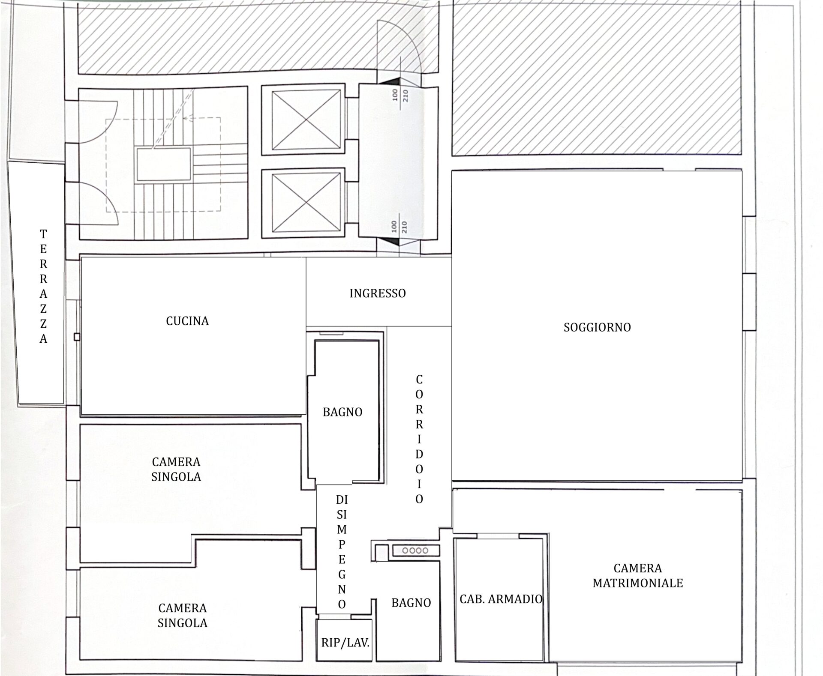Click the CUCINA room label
(187, 321)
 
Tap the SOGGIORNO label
(597, 327)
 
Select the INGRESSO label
(378, 293)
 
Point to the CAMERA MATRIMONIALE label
(638, 575)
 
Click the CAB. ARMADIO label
(501, 599)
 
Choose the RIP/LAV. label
(345, 643)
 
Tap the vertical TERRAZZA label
(43, 287)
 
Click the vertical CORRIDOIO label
(419, 439)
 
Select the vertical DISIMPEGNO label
(342, 552)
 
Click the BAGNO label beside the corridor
(342, 412)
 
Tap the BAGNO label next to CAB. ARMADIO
(411, 603)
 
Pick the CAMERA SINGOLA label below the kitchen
(176, 469)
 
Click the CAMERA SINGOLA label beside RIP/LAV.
(183, 615)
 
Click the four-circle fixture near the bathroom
(415, 550)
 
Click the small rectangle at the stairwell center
(163, 164)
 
